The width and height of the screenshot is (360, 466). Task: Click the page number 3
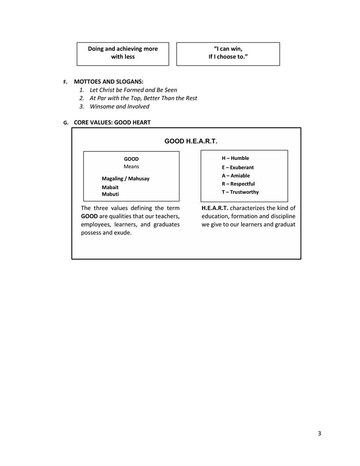[319, 433]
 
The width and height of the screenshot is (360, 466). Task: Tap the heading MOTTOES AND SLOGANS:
[109, 82]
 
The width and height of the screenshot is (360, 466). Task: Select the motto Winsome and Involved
[119, 106]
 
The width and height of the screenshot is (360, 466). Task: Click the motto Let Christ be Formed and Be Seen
[133, 89]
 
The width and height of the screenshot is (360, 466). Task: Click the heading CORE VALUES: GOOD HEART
[112, 123]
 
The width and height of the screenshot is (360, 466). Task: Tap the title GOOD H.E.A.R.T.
[191, 141]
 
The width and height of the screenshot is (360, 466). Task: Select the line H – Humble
[235, 158]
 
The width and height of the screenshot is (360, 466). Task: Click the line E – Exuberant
[238, 167]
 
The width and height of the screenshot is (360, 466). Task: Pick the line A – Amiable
[235, 176]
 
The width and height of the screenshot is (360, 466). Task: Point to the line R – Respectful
[238, 184]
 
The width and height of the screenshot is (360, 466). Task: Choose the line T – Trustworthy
[240, 192]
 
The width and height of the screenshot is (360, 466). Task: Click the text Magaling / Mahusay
[125, 178]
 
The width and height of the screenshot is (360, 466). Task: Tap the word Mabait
[110, 187]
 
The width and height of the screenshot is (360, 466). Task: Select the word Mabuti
[110, 194]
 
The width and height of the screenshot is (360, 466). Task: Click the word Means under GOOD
[131, 166]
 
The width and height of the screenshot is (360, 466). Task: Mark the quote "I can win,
[228, 49]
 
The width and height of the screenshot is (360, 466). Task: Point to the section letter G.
[66, 123]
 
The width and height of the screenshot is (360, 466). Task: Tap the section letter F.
[66, 82]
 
